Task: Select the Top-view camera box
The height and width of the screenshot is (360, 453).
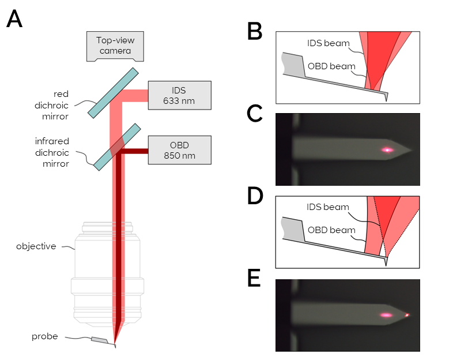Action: pos(114,46)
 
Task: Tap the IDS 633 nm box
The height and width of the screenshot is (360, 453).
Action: pos(179,95)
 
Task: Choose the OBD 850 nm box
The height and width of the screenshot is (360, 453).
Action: pos(179,149)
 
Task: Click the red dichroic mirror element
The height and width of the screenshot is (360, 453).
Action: pos(113,92)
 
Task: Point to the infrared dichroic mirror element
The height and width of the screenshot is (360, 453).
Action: pos(117,147)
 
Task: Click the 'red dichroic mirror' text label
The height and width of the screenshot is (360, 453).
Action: pos(69,104)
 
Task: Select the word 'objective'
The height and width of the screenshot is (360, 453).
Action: pos(36,246)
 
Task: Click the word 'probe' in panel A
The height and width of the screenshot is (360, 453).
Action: pos(45,336)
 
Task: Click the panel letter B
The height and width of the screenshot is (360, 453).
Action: pos(255,32)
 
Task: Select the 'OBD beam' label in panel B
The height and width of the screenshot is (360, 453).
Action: pos(331,66)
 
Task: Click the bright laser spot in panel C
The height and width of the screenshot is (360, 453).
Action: pos(387,150)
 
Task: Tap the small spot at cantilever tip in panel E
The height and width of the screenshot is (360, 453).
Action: pos(407,315)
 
